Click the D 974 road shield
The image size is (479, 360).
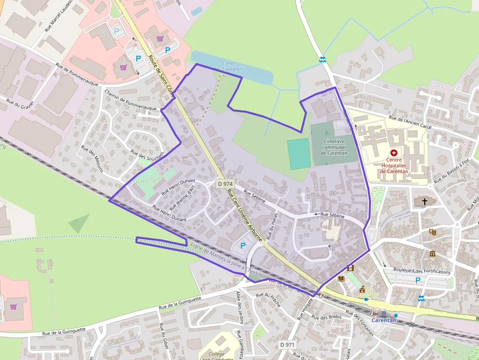click(225, 184)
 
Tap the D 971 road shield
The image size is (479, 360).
click(287, 345)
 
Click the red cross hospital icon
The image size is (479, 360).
click(394, 153)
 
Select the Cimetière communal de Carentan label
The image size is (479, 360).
click(335, 147)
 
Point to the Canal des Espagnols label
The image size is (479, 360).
click(229, 66)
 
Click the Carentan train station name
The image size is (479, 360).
click(384, 320)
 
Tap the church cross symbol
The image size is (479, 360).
click(425, 201)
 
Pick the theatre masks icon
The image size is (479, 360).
click(433, 233)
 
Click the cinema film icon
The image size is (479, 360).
click(350, 268)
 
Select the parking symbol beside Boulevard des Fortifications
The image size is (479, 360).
click(417, 280)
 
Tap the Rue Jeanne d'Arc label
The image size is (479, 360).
click(182, 197)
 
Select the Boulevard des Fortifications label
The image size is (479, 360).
click(419, 271)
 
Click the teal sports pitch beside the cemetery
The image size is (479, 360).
click(299, 153)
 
